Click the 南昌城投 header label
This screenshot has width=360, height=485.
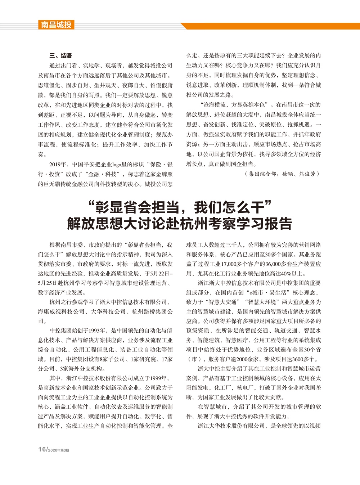coord(56,25)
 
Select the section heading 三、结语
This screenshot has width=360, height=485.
coord(60,55)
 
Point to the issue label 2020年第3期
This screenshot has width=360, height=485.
coord(58,450)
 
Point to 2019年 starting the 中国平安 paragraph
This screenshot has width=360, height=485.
coord(58,164)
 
